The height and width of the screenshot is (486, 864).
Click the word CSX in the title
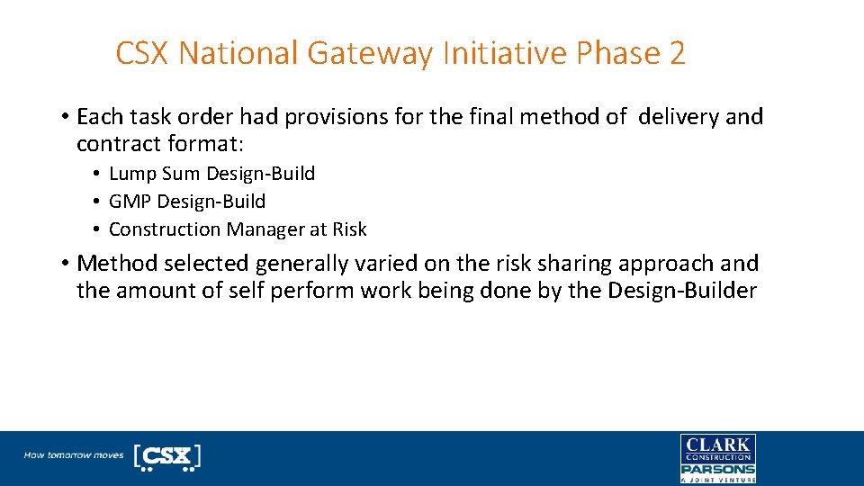[x=143, y=54]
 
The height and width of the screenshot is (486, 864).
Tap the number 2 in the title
[x=677, y=54]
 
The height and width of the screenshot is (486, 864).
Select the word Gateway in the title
[x=370, y=54]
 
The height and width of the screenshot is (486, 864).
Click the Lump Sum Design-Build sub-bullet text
[x=211, y=174]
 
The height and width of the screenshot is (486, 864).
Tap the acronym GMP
[x=130, y=202]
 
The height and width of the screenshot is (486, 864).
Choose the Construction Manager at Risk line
[x=238, y=229]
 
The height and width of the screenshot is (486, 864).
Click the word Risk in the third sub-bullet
[x=349, y=229]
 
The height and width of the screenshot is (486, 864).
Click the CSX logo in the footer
[x=167, y=456]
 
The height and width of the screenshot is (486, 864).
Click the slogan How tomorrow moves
[x=74, y=455]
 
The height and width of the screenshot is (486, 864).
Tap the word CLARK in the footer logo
[x=717, y=445]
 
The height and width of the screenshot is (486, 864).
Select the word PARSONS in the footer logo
[x=717, y=469]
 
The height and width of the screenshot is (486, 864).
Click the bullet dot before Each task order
[x=66, y=118]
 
